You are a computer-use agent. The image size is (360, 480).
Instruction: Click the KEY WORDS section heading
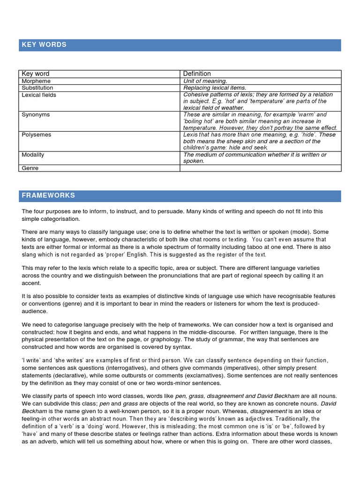(44, 45)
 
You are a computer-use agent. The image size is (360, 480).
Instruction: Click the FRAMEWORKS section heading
(48, 195)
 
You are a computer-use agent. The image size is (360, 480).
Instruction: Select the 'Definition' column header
(197, 74)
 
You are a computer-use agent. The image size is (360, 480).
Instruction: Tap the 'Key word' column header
(36, 74)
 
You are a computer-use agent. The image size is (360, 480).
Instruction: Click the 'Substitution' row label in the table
(37, 88)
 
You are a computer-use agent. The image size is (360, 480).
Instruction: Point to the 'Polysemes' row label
(37, 135)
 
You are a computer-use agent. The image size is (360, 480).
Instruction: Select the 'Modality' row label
(34, 155)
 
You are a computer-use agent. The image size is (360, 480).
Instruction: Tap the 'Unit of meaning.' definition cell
(205, 81)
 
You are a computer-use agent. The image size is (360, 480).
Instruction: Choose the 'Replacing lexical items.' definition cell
(215, 88)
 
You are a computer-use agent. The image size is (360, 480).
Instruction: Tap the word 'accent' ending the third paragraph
(31, 283)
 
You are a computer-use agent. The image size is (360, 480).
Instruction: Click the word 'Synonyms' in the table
(36, 114)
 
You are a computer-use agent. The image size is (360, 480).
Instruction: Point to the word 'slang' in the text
(30, 254)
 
